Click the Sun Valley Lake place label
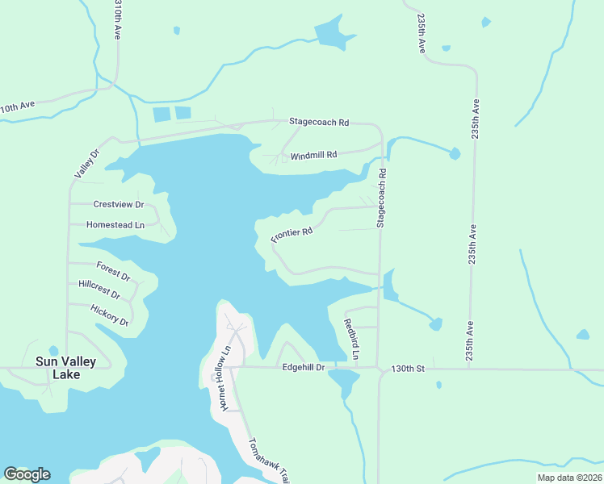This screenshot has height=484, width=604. coord(65,368)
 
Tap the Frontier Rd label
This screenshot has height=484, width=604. coord(292,236)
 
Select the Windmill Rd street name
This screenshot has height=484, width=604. coord(312,155)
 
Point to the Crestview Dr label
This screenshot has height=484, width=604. coord(118,205)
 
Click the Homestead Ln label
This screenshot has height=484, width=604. coord(115,225)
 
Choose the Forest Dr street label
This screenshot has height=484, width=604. coord(113,269)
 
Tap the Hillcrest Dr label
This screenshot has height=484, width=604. coord(99,289)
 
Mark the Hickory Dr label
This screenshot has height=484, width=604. coord(109,315)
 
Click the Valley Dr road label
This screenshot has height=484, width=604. coord(86,164)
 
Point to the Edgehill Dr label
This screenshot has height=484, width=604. coord(303,368)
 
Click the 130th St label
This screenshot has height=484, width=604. coord(408,368)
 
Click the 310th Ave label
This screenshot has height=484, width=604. coord(118,21)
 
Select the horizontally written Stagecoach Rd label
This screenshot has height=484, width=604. coord(319,123)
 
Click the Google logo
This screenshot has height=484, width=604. coord(27,474)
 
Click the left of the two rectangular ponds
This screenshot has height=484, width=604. coord(161,115)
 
